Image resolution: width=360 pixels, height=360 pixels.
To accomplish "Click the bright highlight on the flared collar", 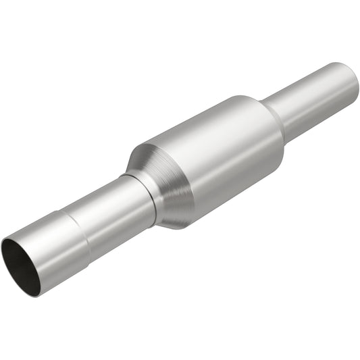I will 47,226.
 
